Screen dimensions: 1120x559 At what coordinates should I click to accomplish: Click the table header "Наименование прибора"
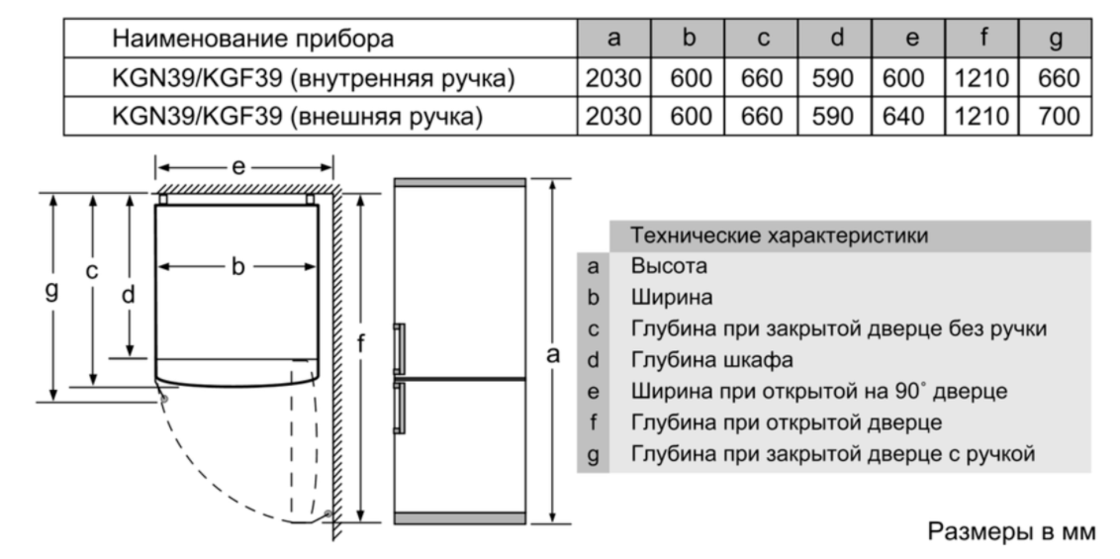tap(253, 39)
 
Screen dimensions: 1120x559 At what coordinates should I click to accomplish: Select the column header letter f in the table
tap(982, 38)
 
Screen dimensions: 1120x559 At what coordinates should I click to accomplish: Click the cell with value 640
tap(908, 117)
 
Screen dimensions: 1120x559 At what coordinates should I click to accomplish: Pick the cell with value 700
tap(1056, 117)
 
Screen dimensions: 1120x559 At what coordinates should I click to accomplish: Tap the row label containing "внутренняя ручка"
tap(314, 78)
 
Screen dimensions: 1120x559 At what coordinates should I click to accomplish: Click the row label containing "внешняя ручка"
tap(297, 117)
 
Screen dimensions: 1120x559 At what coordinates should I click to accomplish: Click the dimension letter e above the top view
tap(237, 168)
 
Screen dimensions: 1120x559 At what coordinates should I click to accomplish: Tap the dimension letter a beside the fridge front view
tap(553, 354)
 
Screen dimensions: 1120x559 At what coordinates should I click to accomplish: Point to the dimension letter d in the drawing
tap(129, 294)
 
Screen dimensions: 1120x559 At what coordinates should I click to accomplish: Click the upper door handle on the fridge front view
tap(400, 348)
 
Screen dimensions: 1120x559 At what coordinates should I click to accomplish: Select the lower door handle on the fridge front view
tap(400, 409)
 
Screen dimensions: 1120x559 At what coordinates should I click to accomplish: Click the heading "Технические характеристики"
tap(779, 235)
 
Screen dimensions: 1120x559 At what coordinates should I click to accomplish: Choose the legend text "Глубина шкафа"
tap(711, 360)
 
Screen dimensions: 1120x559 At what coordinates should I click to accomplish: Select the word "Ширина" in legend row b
tap(672, 298)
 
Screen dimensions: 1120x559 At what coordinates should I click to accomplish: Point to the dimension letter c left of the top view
tap(91, 271)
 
